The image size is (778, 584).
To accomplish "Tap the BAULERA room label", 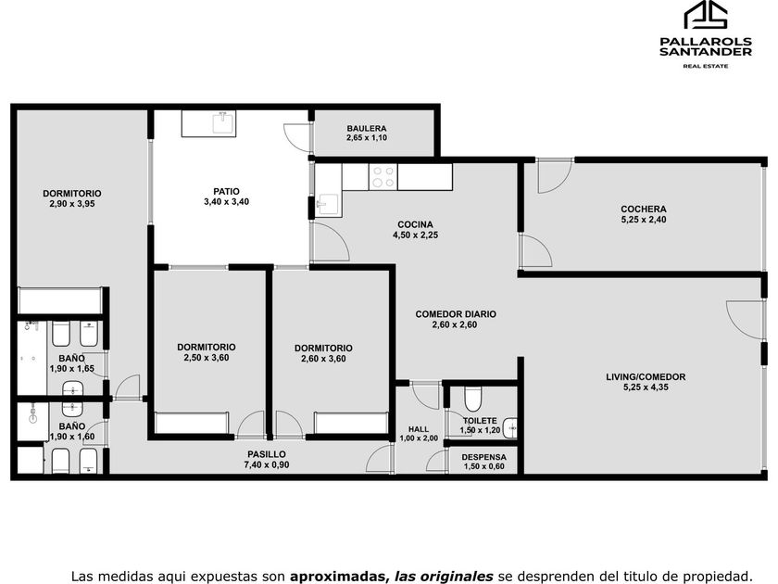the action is [367, 129].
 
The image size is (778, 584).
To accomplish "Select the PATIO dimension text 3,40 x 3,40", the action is [226, 202].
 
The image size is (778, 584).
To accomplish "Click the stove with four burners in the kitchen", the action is [383, 177].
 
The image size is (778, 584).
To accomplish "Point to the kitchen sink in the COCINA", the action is [328, 204].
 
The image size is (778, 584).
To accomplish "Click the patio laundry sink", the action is [224, 123].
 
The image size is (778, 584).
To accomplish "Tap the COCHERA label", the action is [644, 209].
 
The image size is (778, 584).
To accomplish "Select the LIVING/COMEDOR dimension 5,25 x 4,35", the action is [646, 387].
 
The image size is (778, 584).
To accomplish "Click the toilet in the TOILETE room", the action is [473, 399].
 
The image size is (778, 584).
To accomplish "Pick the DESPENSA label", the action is [483, 457].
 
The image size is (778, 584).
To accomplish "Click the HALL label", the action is [419, 429].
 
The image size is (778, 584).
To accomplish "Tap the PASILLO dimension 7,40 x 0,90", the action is [267, 464].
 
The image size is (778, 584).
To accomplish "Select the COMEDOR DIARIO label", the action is [456, 314].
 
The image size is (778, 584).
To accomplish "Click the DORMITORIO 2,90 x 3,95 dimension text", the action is [72, 204].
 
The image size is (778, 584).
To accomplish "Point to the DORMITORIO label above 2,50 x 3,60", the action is [206, 347].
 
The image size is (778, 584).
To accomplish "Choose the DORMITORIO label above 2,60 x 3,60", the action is [323, 349].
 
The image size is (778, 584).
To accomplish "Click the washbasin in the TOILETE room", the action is [510, 428].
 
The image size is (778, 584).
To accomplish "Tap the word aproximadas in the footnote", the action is [340, 577].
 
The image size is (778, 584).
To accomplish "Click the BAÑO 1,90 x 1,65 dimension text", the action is [72, 369].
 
